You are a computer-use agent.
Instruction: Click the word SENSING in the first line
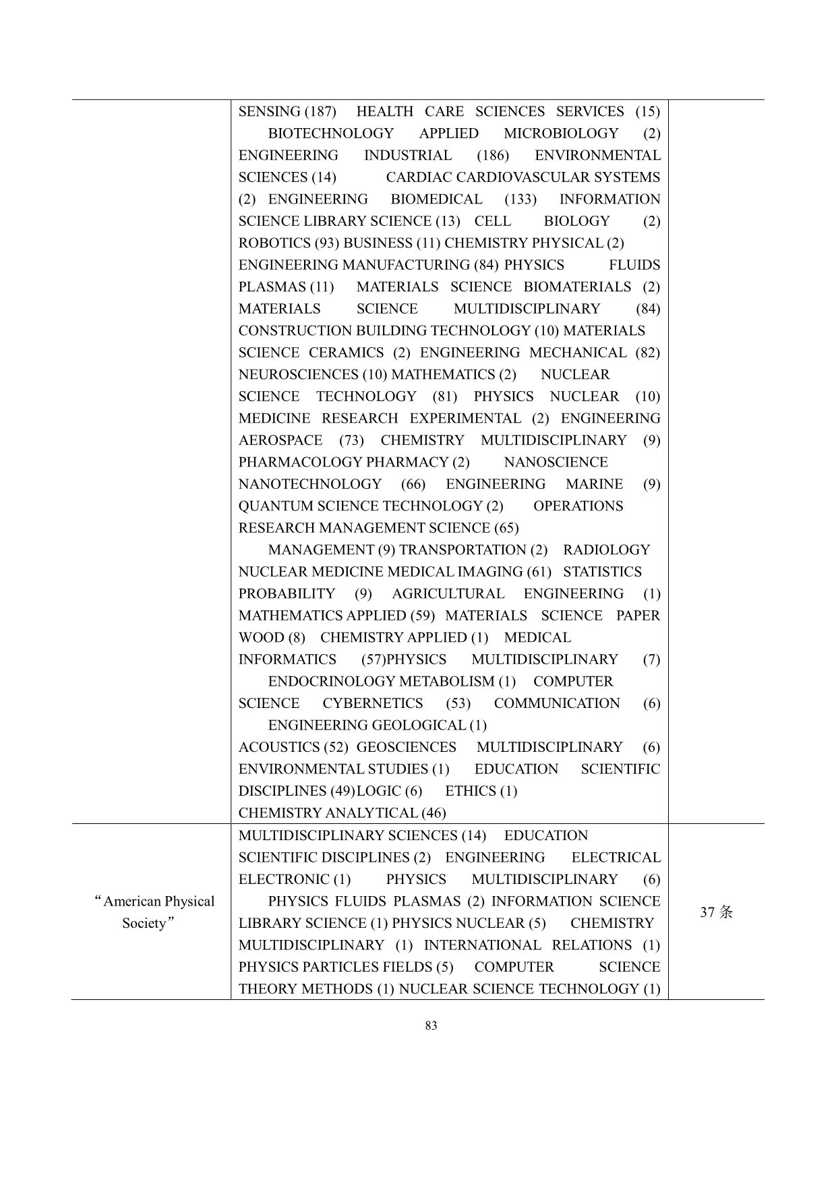tap(269, 112)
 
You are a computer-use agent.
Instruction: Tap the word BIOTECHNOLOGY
tap(330, 134)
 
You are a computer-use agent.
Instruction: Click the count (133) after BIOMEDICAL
tap(520, 200)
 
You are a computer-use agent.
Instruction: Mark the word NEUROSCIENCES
tap(299, 375)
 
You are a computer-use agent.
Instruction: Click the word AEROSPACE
tap(280, 440)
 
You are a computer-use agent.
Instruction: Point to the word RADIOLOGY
tap(607, 550)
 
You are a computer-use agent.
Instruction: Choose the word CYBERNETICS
tap(373, 703)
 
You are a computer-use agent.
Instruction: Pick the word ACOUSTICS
tap(279, 747)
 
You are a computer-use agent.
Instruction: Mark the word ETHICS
tap(470, 791)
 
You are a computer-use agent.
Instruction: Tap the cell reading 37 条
tap(716, 912)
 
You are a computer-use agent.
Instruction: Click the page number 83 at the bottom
tap(431, 1026)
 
